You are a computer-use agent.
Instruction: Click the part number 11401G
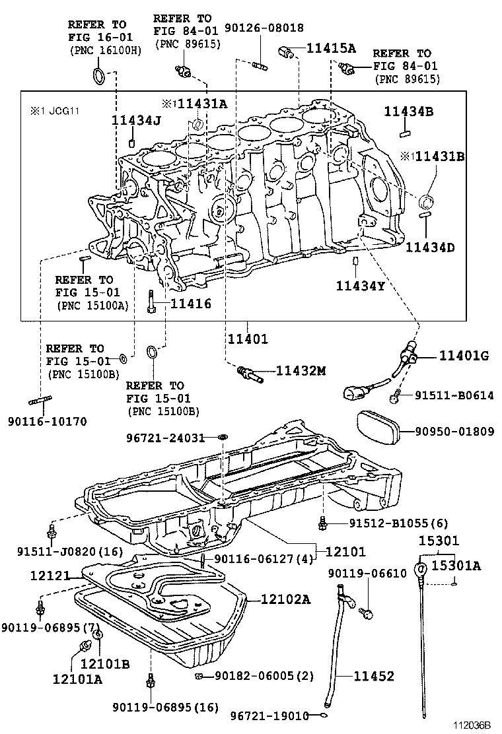coord(464,356)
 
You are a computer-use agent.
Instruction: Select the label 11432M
coord(301,372)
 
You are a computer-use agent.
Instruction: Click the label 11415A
coord(331,48)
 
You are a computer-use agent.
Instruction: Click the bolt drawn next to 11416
coord(151,302)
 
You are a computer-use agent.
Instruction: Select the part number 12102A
coord(285,599)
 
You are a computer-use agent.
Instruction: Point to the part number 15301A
coord(456,565)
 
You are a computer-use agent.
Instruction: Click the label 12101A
coord(78,678)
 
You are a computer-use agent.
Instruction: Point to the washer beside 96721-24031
coord(223,438)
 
